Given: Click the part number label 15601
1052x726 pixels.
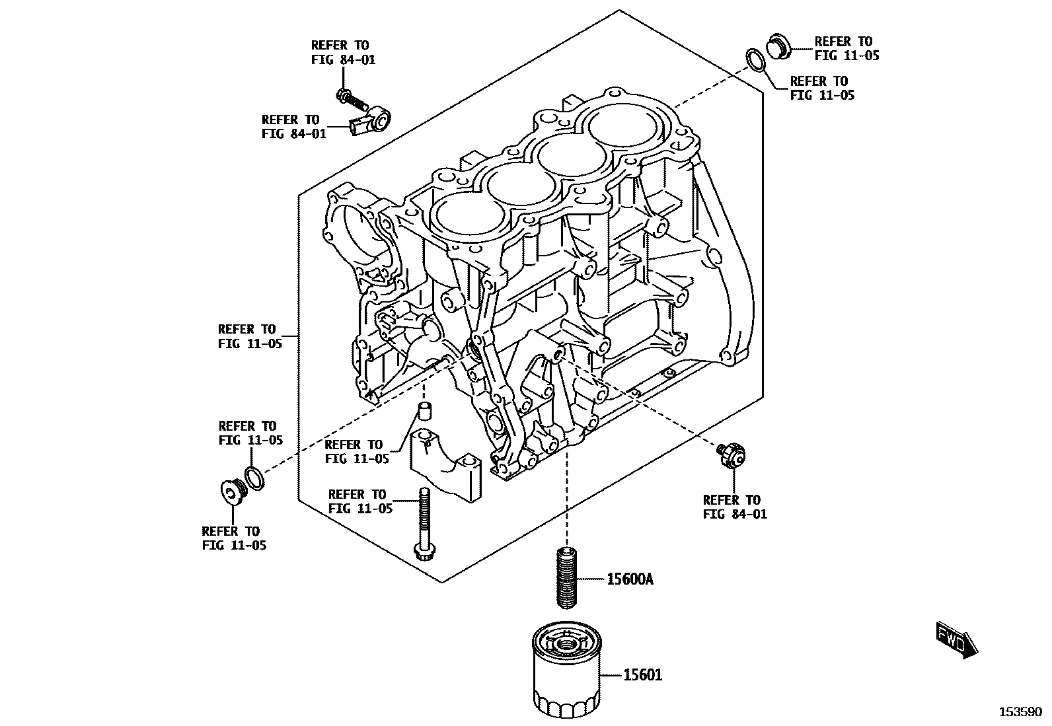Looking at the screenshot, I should (x=643, y=675).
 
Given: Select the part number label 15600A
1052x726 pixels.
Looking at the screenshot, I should (x=630, y=579).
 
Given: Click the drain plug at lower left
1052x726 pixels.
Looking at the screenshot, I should (x=232, y=491).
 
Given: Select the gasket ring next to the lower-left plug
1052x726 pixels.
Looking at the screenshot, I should (x=254, y=478).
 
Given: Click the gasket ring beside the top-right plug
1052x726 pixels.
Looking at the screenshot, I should (x=755, y=60).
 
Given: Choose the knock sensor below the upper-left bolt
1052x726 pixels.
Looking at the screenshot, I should (x=371, y=123).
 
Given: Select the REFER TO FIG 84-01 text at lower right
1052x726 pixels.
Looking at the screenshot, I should (x=734, y=507).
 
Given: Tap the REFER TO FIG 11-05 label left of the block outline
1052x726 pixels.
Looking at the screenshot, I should (x=250, y=336).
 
